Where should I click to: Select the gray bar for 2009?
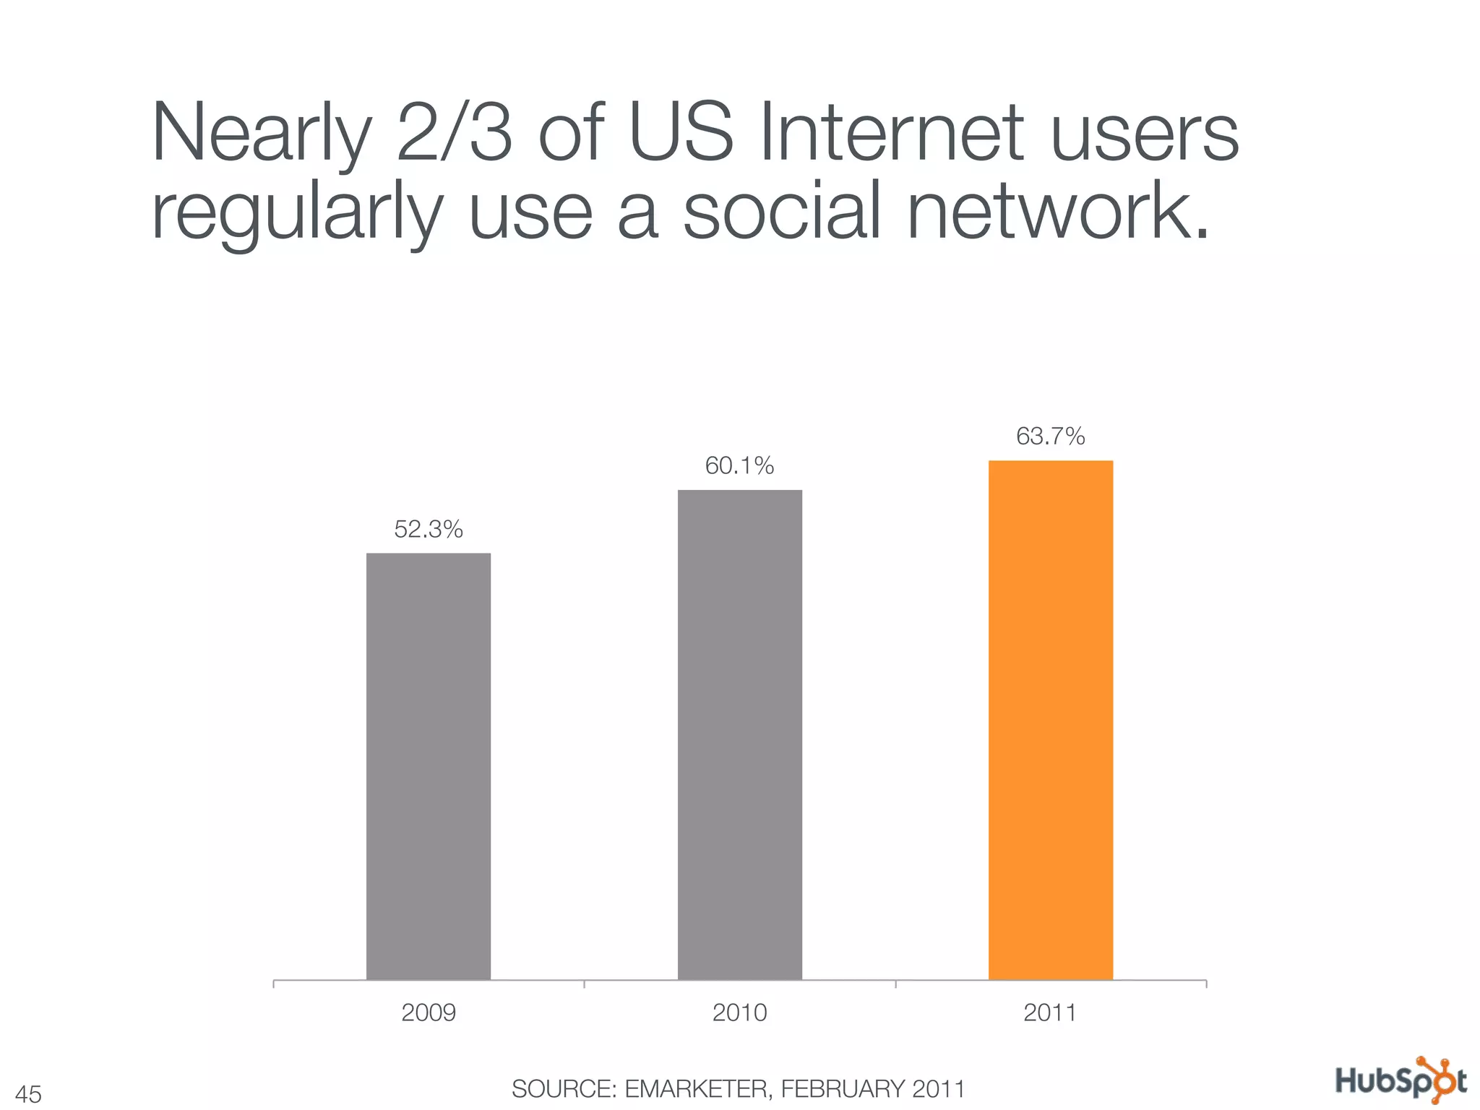click(x=429, y=766)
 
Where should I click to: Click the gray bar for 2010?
click(x=739, y=734)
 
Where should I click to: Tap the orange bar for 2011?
click(x=1050, y=720)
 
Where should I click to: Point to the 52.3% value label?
click(x=429, y=530)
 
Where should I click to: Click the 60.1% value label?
click(x=739, y=466)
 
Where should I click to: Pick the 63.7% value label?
click(x=1050, y=436)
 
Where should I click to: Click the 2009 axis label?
click(x=429, y=1012)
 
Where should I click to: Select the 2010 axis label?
click(x=739, y=1012)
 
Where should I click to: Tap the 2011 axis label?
click(x=1050, y=1012)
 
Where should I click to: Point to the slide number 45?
click(x=28, y=1094)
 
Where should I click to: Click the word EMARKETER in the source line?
click(x=698, y=1088)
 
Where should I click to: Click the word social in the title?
click(x=783, y=211)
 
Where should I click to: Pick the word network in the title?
click(x=1058, y=211)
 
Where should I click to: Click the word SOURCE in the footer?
click(x=564, y=1088)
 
